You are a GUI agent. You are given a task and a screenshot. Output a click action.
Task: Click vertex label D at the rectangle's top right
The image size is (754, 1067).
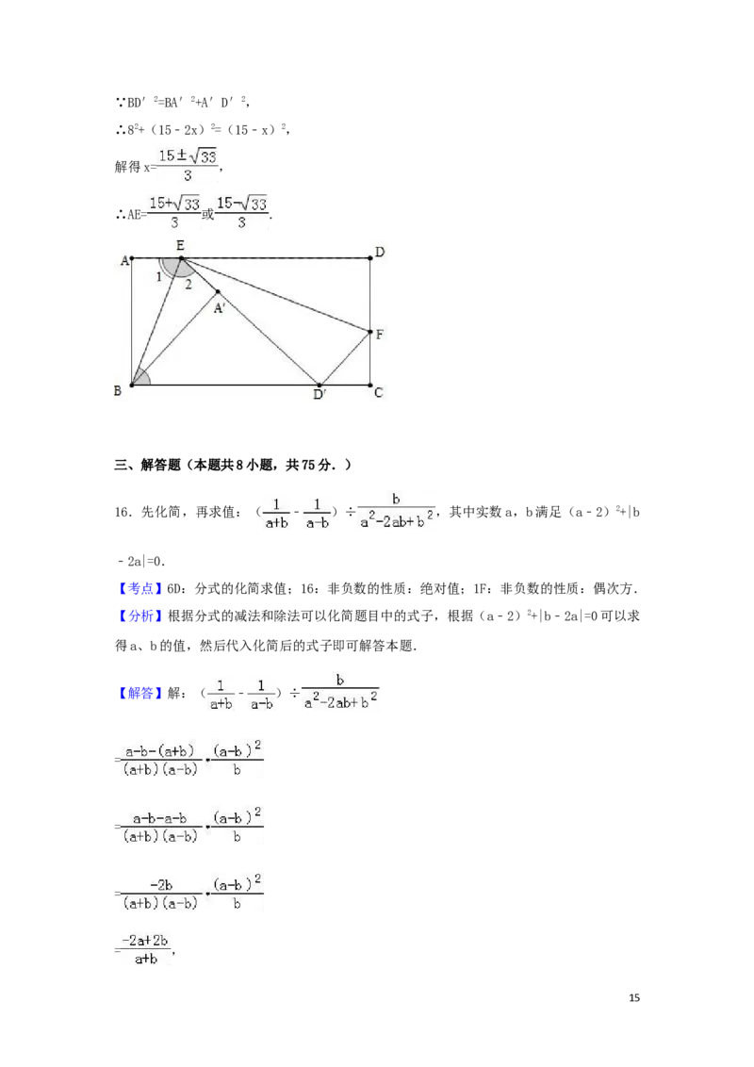pyautogui.click(x=380, y=252)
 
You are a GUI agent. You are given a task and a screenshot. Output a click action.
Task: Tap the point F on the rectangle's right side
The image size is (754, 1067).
pyautogui.click(x=370, y=332)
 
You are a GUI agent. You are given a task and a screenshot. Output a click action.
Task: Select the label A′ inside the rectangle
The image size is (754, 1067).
pyautogui.click(x=219, y=308)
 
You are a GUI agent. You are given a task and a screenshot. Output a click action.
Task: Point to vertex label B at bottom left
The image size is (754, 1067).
pyautogui.click(x=118, y=390)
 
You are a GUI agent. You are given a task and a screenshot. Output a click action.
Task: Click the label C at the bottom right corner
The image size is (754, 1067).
pyautogui.click(x=378, y=393)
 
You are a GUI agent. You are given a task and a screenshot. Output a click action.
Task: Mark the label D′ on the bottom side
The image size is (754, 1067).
pyautogui.click(x=320, y=394)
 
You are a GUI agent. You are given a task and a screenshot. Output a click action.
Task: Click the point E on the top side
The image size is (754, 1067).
pyautogui.click(x=181, y=258)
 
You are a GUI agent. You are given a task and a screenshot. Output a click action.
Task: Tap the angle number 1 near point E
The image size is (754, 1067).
pyautogui.click(x=159, y=277)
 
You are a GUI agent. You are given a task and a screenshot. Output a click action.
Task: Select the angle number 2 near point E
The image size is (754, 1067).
pyautogui.click(x=188, y=285)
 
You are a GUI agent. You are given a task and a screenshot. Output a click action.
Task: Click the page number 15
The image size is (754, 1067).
pyautogui.click(x=634, y=997)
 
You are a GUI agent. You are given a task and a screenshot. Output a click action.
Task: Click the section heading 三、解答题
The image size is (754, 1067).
pyautogui.click(x=147, y=465)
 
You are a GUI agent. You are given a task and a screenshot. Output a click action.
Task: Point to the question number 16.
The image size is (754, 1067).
pyautogui.click(x=122, y=513)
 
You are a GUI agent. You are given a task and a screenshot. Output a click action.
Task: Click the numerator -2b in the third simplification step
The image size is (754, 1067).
pyautogui.click(x=161, y=885)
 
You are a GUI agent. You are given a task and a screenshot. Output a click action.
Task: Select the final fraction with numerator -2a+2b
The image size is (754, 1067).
pyautogui.click(x=145, y=949)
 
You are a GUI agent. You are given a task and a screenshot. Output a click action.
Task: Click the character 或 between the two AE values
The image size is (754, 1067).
pyautogui.click(x=207, y=214)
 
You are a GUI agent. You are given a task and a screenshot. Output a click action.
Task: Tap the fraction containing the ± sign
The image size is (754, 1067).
pyautogui.click(x=188, y=165)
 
